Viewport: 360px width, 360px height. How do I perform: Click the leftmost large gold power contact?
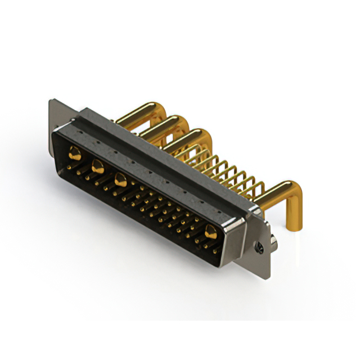click(x=74, y=151)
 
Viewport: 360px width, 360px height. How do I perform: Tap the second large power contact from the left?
click(x=97, y=165)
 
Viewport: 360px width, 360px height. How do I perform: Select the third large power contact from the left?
click(x=120, y=179)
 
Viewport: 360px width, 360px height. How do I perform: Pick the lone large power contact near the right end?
click(x=211, y=231)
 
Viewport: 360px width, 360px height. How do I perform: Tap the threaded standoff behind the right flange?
click(x=272, y=242)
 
